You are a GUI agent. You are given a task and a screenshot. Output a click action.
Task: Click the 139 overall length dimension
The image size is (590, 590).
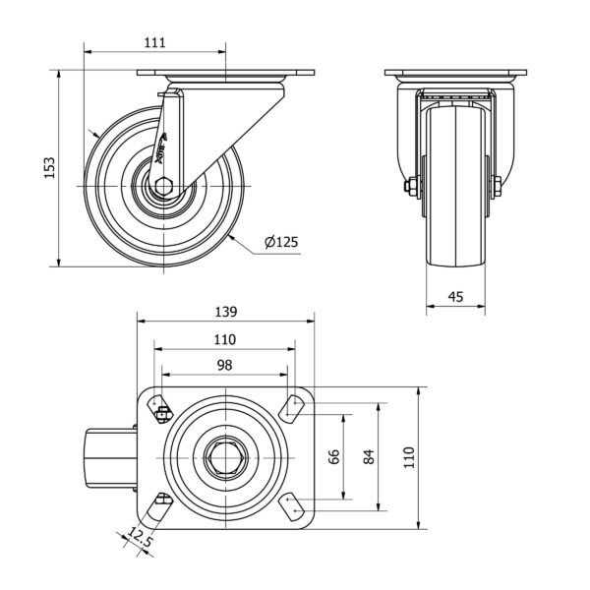point(225,313)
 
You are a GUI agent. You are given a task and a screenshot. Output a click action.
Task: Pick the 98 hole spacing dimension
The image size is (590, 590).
point(224,365)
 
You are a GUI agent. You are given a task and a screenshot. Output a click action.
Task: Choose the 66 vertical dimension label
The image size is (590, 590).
point(333,456)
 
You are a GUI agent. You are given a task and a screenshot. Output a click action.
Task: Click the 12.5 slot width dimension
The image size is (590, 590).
point(142,538)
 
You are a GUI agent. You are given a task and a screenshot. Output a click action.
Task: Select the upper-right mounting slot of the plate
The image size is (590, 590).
point(292,404)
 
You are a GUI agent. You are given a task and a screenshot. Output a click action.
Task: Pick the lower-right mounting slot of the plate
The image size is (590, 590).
point(292,507)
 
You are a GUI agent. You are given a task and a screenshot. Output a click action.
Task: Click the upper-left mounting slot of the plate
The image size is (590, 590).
point(158,404)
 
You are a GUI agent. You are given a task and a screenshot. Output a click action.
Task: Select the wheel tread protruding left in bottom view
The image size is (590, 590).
point(109,456)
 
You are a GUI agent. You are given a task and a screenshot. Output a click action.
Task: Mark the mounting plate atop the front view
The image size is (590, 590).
point(455,76)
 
